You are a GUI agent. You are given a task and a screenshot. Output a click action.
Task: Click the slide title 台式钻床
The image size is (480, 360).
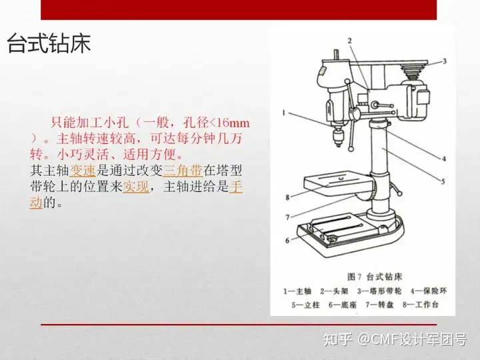(49, 43)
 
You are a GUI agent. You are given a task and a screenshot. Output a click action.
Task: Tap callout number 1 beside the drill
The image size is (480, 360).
(284, 113)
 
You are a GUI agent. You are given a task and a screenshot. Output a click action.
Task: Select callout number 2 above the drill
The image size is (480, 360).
(349, 41)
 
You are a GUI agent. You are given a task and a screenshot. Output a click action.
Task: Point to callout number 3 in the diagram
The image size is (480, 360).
(445, 61)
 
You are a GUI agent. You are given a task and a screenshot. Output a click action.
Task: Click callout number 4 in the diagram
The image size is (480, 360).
(444, 159)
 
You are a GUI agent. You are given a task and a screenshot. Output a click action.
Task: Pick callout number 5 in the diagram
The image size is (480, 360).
(443, 181)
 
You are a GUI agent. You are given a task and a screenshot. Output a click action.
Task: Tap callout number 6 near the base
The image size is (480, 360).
(287, 241)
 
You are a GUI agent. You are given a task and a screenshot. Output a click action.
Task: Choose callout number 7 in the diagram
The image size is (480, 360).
(287, 217)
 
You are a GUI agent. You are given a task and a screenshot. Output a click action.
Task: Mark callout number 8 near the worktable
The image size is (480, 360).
(287, 197)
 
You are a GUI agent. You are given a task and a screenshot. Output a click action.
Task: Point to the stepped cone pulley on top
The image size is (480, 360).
(412, 72)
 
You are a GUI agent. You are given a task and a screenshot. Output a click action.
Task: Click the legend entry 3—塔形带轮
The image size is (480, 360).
(379, 291)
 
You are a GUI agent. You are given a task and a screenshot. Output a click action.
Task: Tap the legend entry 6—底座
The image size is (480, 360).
(343, 305)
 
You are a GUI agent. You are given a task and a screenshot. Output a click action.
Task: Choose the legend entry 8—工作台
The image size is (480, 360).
(421, 305)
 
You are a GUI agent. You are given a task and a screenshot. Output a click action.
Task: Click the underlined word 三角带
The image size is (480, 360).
(183, 171)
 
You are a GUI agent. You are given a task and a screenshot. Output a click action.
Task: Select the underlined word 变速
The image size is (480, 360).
(83, 171)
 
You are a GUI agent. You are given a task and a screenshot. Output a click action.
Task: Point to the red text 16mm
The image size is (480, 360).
(234, 123)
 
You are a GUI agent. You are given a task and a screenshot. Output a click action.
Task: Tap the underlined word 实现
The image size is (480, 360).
(136, 187)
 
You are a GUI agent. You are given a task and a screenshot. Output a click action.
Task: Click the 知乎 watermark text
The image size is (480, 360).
(337, 339)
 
